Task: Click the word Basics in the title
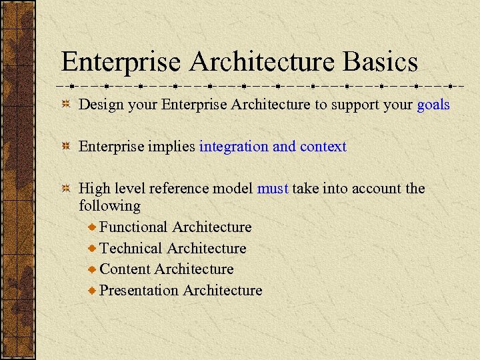[381, 62]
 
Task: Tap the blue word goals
[433, 105]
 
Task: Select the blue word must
[273, 189]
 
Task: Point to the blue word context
[323, 147]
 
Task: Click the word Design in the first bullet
[99, 105]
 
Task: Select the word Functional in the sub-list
[133, 227]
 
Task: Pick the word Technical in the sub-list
[131, 249]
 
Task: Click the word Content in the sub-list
[125, 269]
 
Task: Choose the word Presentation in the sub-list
[139, 291]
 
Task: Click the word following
[109, 206]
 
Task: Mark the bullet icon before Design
[65, 105]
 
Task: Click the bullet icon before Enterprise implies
[65, 147]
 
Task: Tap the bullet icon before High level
[65, 189]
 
